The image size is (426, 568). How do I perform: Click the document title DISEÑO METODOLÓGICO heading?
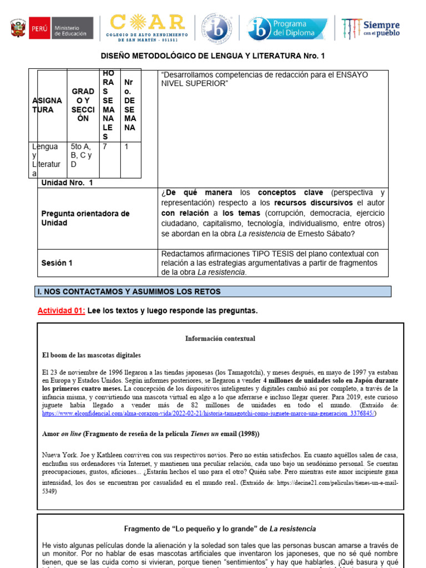[x=212, y=56]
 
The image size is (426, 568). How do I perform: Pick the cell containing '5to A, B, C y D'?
[x=82, y=155]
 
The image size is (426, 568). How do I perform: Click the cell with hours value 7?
[x=109, y=146]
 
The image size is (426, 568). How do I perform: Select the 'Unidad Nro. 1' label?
[x=67, y=182]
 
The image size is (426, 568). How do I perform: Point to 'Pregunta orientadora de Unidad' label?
[x=85, y=218]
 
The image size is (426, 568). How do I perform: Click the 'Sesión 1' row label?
[x=57, y=263]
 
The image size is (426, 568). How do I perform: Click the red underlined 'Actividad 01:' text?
[x=61, y=311]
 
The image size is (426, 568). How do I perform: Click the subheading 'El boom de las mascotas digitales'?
[x=92, y=355]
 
